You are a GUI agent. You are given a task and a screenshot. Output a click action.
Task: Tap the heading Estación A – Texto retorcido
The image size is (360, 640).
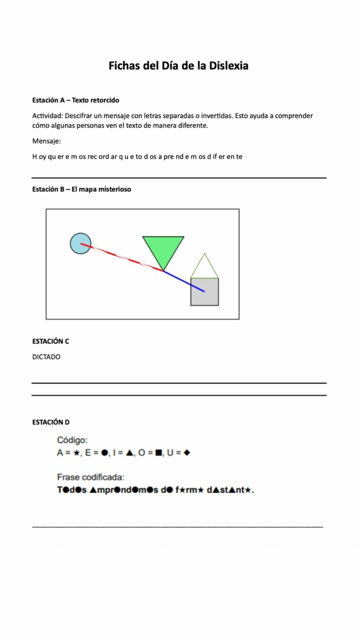pyautogui.click(x=76, y=100)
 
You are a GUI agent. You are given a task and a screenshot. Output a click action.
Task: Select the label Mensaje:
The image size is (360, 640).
pyautogui.click(x=46, y=141)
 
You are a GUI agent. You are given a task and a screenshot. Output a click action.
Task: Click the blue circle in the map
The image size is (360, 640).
pyautogui.click(x=80, y=243)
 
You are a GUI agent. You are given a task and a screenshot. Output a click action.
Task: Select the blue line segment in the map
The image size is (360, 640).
pyautogui.click(x=184, y=282)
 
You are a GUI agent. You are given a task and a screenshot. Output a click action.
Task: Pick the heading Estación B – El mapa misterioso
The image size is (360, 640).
pyautogui.click(x=82, y=189)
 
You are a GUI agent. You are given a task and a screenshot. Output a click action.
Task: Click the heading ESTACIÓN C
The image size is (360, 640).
pyautogui.click(x=50, y=341)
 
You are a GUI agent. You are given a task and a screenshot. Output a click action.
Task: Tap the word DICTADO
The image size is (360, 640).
pyautogui.click(x=46, y=357)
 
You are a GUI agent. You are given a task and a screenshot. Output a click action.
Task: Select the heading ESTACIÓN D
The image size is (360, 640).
pyautogui.click(x=51, y=422)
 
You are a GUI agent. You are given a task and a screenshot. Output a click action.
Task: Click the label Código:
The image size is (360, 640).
pyautogui.click(x=72, y=440)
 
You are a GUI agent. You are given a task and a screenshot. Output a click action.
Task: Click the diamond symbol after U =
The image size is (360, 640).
pyautogui.click(x=187, y=453)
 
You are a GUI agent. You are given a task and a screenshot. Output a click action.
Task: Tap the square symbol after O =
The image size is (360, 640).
pyautogui.click(x=158, y=453)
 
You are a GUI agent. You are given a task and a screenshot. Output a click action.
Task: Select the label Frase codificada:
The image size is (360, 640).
pyautogui.click(x=90, y=477)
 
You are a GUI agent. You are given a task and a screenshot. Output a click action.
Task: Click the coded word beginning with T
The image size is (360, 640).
pyautogui.click(x=72, y=490)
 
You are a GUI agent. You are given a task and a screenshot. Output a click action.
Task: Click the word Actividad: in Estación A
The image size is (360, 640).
pyautogui.click(x=48, y=116)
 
